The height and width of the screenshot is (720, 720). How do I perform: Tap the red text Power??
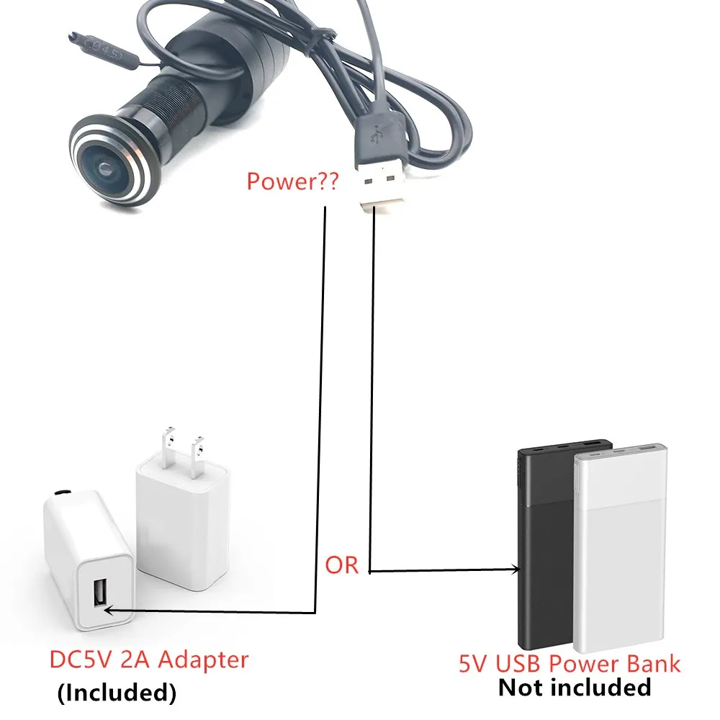(292, 180)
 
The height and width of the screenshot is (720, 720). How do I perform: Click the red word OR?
(342, 565)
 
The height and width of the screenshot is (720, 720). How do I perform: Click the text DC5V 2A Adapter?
(148, 660)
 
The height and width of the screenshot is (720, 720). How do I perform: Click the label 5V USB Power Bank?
(570, 663)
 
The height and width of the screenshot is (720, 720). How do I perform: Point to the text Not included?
(574, 688)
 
